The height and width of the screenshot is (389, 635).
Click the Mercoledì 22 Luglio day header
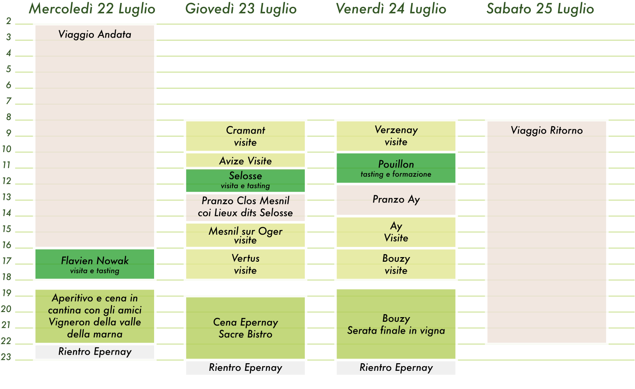pos(92,9)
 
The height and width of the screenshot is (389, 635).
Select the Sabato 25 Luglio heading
pos(540,9)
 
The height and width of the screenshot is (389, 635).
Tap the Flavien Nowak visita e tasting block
pos(95,264)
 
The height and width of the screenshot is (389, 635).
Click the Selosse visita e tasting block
pos(246,181)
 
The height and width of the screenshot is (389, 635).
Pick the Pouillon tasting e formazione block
pos(396,168)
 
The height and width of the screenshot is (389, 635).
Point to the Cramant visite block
pos(246,136)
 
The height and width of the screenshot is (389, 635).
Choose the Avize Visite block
pos(246,160)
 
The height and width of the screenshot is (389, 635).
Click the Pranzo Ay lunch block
pos(396,200)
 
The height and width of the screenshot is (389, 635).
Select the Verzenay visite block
pos(396,136)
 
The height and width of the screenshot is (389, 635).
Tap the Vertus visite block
pos(246,264)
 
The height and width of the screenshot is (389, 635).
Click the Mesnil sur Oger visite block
pos(246,235)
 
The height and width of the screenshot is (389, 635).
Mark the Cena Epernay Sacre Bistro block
pos(246,328)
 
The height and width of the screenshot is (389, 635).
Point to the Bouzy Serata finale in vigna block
pos(396,324)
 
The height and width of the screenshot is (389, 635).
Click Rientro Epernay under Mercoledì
pos(95,352)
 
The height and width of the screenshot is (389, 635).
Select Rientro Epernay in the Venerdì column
pos(396,368)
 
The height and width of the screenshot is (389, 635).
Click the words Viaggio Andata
pos(95,35)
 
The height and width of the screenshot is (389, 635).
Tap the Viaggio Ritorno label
pos(547,131)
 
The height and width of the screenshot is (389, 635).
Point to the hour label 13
pos(6,197)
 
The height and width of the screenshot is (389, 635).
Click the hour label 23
pos(6,357)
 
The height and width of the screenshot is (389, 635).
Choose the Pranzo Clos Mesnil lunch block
pos(246,208)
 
